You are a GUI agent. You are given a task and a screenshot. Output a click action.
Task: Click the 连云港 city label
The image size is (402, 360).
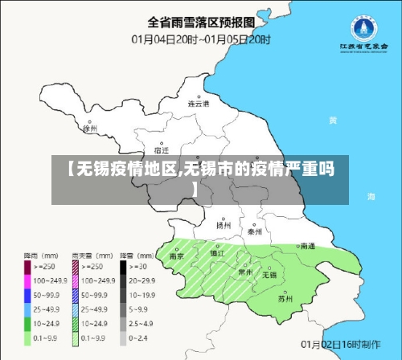198,104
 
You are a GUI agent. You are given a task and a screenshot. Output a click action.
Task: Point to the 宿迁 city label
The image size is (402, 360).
161,150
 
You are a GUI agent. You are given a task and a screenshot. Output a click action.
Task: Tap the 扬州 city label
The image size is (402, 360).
224,226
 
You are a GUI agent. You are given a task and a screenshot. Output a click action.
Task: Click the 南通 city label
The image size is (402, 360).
306,247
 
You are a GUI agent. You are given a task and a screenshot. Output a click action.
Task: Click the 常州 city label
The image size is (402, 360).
246,272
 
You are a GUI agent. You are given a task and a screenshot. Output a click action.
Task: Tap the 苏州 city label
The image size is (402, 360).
285,298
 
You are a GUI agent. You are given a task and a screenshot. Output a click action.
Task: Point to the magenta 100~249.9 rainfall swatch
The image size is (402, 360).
27,280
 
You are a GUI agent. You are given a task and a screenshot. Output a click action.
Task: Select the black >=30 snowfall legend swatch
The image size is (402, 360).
125,265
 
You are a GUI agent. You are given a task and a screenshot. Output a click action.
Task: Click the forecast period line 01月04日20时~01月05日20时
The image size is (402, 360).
202,39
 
